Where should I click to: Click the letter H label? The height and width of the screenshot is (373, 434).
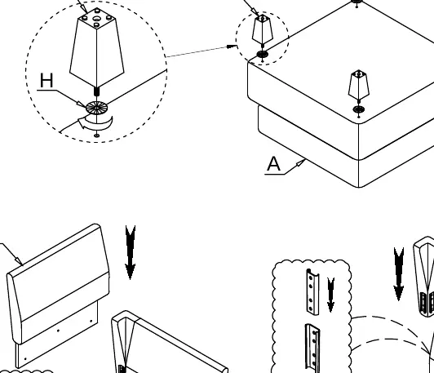(x=46, y=80)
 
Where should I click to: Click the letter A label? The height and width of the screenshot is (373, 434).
(x=274, y=164)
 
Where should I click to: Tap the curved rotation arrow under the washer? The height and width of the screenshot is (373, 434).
(x=95, y=123)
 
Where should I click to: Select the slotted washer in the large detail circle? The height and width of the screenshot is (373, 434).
(x=96, y=108)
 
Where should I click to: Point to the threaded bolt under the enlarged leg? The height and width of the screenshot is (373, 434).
(x=96, y=91)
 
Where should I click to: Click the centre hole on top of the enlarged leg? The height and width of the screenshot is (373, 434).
(x=97, y=19)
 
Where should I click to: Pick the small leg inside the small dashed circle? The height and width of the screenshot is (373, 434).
(x=263, y=29)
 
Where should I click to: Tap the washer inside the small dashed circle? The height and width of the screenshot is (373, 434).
(x=262, y=54)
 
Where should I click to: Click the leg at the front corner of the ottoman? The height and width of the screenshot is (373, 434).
(x=359, y=84)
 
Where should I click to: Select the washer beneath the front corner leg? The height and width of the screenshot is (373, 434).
(x=359, y=109)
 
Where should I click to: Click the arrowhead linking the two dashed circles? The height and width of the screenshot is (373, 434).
(x=232, y=47)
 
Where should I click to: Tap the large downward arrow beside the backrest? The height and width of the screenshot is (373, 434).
(x=131, y=252)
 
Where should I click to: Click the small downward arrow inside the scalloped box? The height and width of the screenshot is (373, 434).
(x=330, y=295)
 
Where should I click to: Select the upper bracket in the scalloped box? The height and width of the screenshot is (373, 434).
(x=312, y=292)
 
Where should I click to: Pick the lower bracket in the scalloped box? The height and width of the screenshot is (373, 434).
(x=312, y=349)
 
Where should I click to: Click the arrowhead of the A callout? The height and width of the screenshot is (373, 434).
(x=301, y=162)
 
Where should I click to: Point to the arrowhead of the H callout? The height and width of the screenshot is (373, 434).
(x=81, y=104)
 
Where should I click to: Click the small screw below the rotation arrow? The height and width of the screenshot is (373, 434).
(x=96, y=135)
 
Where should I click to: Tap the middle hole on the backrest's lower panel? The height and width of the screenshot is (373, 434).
(x=58, y=331)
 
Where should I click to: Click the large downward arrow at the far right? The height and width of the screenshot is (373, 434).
(x=399, y=274)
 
